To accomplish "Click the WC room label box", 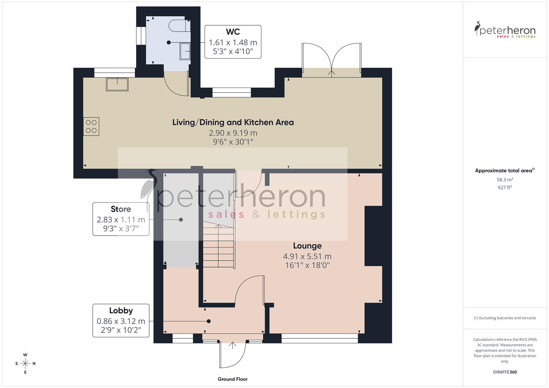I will click(233, 42).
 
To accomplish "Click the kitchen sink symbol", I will click(117, 84).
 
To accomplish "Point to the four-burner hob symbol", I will click(91, 126).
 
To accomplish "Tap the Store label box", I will click(121, 219).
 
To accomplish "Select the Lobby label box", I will click(121, 320).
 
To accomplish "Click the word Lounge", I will click(307, 246).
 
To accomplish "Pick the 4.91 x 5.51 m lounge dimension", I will click(307, 257).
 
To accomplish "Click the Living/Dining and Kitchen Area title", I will click(233, 122).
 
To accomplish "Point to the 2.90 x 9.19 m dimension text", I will click(233, 133).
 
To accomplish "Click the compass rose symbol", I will click(25, 364).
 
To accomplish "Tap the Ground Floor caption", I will click(233, 379).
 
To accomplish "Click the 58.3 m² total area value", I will click(505, 180).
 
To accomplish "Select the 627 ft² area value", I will click(505, 188).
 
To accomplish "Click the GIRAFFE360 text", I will click(505, 372).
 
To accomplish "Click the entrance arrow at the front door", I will click(233, 346).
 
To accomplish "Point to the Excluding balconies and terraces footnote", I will click(505, 318).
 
